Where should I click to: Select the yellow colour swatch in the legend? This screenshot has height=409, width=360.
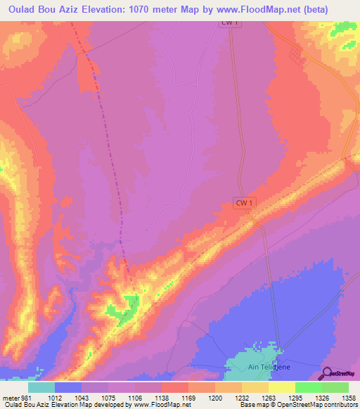[x=281, y=387]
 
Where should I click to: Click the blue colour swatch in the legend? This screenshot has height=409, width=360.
[x=68, y=387]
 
